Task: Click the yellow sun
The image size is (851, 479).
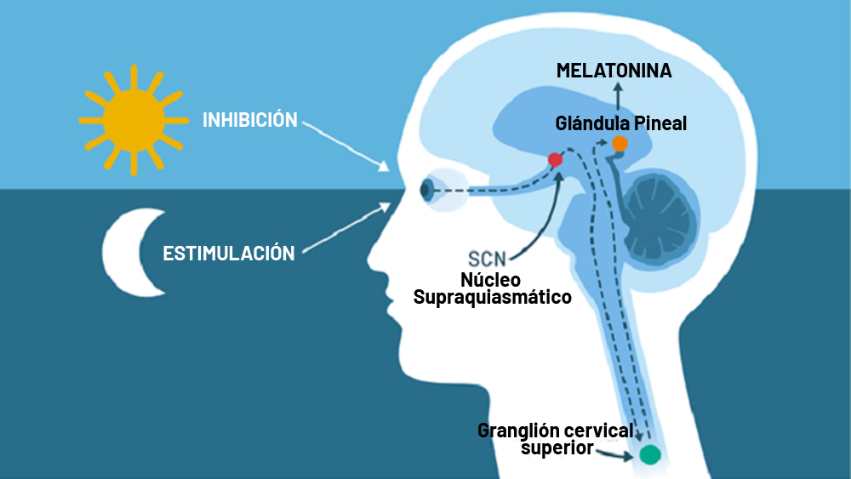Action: (134, 120)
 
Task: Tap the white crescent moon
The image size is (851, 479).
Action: (134, 252)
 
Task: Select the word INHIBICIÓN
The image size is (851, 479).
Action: (250, 119)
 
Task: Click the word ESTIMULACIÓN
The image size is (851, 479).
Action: (229, 253)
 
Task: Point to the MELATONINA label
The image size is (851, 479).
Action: (614, 71)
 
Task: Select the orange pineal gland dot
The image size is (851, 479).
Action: (620, 144)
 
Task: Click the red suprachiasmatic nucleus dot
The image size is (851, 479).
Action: (555, 159)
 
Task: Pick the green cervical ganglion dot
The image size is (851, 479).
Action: (649, 454)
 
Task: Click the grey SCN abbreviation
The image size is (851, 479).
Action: (487, 259)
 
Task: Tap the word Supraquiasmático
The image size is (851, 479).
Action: (492, 297)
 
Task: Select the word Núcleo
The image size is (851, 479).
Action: (491, 279)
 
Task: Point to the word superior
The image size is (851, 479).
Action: (557, 448)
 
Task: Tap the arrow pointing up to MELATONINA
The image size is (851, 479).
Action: (618, 98)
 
